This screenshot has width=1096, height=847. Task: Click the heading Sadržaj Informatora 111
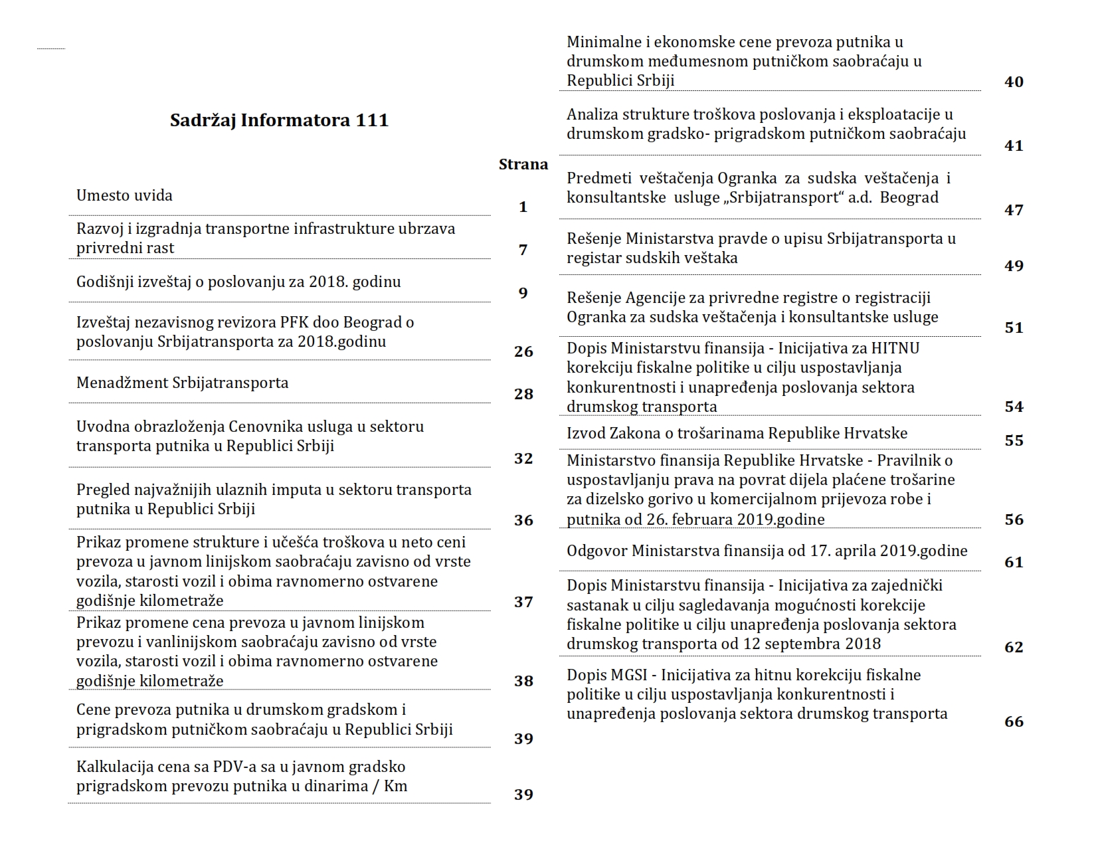279,120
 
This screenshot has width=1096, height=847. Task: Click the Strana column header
523,165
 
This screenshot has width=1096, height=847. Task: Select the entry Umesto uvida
124,195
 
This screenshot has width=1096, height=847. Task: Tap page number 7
523,250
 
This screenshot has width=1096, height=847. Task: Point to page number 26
523,351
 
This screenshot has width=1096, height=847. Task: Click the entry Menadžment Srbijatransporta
182,383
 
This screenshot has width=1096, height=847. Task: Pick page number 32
523,458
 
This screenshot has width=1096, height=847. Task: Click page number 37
523,602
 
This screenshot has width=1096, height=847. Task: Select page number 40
1014,82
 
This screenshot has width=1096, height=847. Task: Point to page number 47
1014,210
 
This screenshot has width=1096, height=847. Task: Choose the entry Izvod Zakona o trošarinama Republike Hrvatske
737,433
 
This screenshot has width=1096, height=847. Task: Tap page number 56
1014,519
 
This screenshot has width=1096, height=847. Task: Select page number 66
1014,721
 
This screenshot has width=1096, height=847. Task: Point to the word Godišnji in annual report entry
105,282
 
